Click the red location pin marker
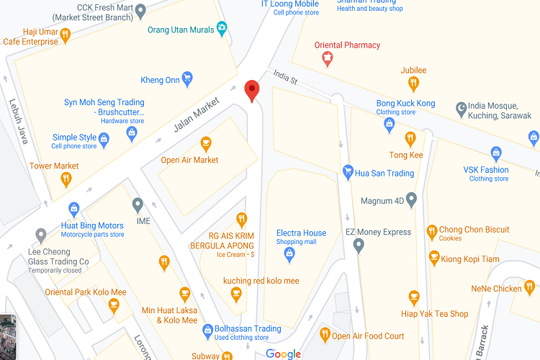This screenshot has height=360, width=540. [x=251, y=90]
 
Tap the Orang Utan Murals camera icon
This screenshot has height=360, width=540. [x=222, y=29]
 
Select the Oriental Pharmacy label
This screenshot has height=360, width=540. [x=347, y=45]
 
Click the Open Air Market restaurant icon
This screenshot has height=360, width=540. [x=206, y=143]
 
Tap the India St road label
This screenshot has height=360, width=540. [x=285, y=78]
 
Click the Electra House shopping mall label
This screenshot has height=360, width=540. [x=301, y=233]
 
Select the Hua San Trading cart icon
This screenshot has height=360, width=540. [x=348, y=172]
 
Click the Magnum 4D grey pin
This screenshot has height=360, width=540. [x=411, y=199]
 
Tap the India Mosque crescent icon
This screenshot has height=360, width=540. [x=461, y=109]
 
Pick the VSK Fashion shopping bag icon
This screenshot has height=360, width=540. [x=495, y=153]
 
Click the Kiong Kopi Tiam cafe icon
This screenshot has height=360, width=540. [x=434, y=257]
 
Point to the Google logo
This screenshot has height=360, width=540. [x=283, y=353]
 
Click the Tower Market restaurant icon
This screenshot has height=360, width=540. [x=66, y=180]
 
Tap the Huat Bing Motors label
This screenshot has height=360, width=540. [x=92, y=226]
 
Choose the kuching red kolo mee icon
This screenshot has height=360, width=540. [x=235, y=294]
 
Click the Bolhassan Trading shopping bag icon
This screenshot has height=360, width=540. [x=207, y=329]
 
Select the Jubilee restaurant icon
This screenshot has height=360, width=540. [x=413, y=84]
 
